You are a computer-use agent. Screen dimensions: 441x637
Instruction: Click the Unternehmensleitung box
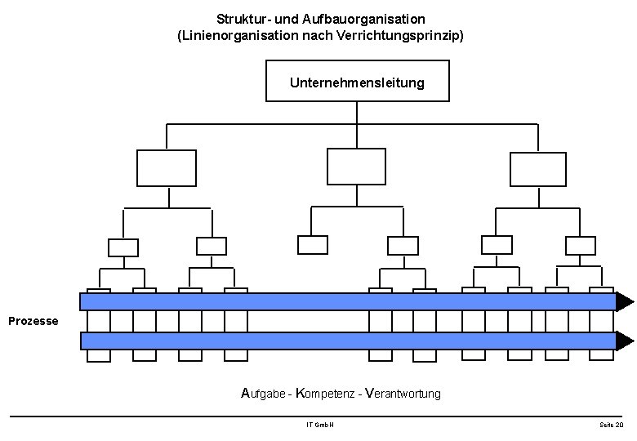pyautogui.click(x=358, y=82)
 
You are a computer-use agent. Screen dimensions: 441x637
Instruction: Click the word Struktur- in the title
pyautogui.click(x=243, y=18)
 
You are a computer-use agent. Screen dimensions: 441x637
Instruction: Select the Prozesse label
pyautogui.click(x=33, y=321)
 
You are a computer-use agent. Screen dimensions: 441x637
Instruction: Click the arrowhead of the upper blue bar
pyautogui.click(x=625, y=302)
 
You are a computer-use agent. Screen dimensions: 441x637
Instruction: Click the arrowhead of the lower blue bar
pyautogui.click(x=625, y=341)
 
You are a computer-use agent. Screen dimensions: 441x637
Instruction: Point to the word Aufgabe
pyautogui.click(x=265, y=394)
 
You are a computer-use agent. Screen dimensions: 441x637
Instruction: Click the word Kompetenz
pyautogui.click(x=323, y=394)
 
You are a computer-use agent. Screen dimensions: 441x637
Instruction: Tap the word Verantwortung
pyautogui.click(x=403, y=394)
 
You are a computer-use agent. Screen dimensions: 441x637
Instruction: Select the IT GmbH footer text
pyautogui.click(x=319, y=425)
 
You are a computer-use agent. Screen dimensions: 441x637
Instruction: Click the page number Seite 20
pyautogui.click(x=611, y=425)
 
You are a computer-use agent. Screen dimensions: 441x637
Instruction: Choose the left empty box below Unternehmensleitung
pyautogui.click(x=167, y=168)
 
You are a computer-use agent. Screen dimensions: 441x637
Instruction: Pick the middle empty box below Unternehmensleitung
pyautogui.click(x=356, y=167)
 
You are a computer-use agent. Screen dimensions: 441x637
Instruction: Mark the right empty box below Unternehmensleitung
pyautogui.click(x=537, y=169)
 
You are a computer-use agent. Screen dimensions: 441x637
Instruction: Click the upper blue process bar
pyautogui.click(x=347, y=302)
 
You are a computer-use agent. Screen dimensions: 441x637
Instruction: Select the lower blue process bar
pyautogui.click(x=347, y=341)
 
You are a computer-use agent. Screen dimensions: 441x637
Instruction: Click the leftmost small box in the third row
pyautogui.click(x=123, y=247)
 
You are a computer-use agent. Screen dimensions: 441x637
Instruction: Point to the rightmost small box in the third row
pyautogui.click(x=581, y=245)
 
